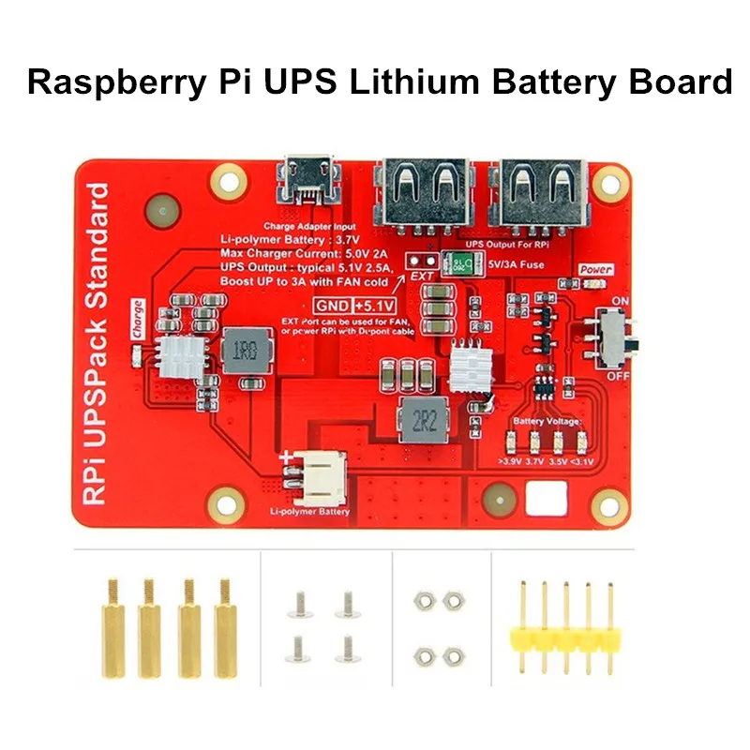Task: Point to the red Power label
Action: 595,270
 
